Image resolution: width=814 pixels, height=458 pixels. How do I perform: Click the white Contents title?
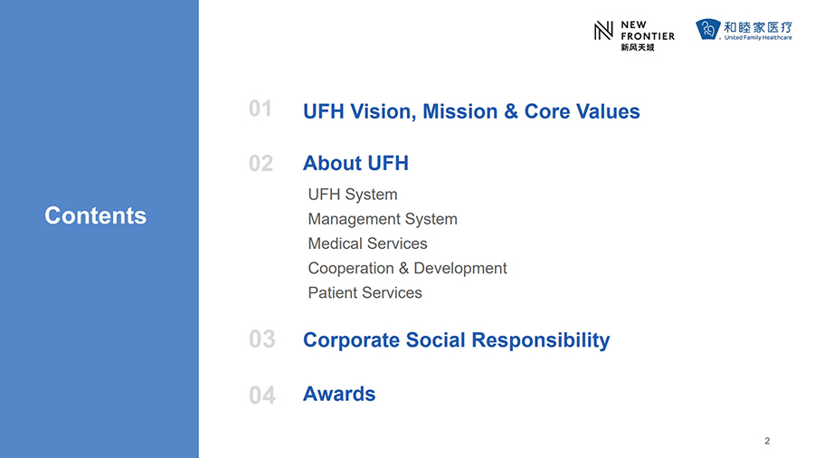(x=96, y=215)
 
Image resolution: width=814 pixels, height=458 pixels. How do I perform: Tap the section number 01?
(x=260, y=109)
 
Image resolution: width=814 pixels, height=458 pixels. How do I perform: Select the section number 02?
(x=261, y=164)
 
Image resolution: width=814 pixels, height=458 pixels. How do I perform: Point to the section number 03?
(x=262, y=339)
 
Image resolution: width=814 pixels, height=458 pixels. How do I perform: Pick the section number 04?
(x=262, y=396)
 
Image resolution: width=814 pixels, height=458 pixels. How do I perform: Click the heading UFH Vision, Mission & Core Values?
(x=471, y=111)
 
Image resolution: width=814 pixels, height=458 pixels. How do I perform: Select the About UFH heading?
(x=355, y=163)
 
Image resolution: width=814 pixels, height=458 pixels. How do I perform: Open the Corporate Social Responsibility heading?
(x=457, y=340)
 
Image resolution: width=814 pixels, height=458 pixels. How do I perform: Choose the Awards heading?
(x=339, y=394)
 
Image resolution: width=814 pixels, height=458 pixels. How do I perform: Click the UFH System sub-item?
(x=353, y=195)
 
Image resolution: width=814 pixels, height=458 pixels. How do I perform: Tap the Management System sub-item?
(x=383, y=219)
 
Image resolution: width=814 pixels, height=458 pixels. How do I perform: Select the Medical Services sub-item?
(x=367, y=243)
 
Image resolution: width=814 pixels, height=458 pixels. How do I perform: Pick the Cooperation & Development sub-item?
(x=408, y=269)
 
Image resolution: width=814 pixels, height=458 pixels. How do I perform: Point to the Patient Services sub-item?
(x=365, y=293)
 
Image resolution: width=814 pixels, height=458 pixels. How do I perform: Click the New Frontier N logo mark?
(x=603, y=31)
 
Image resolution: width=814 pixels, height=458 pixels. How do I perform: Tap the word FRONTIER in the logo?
(x=648, y=36)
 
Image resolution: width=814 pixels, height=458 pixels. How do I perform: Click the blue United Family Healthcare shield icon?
(x=708, y=29)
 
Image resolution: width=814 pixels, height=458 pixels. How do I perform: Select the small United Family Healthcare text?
(x=759, y=37)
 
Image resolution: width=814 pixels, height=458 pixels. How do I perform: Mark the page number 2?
(x=767, y=441)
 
